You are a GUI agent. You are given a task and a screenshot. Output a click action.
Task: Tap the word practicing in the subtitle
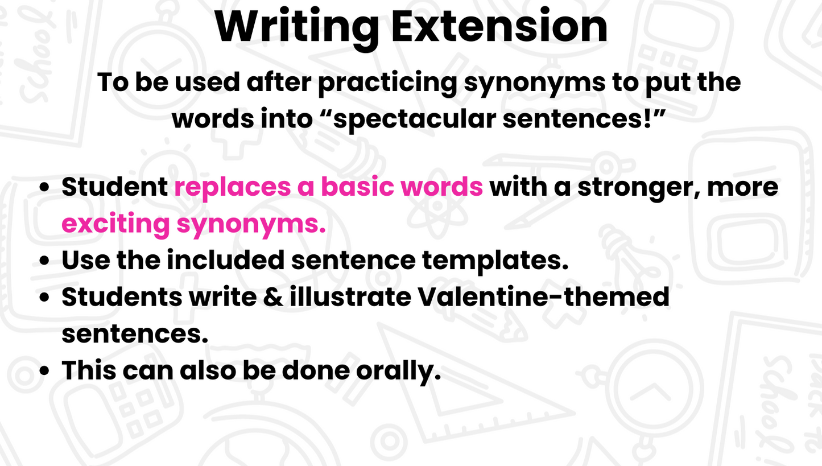click(x=387, y=83)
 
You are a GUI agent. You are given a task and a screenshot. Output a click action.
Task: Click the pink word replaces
click(x=232, y=188)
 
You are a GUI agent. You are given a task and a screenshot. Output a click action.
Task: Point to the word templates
click(x=495, y=261)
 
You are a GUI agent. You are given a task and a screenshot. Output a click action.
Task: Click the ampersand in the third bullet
click(x=273, y=297)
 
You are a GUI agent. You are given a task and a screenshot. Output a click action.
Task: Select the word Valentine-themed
click(x=544, y=296)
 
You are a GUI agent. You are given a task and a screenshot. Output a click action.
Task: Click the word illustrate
click(x=350, y=296)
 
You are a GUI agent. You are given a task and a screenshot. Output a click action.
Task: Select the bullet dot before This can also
click(x=44, y=370)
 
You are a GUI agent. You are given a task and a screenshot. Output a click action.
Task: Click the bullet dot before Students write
click(x=44, y=297)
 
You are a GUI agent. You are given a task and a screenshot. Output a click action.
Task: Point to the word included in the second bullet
click(x=226, y=260)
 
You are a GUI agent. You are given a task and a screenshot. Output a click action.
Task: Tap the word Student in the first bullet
click(x=115, y=187)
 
